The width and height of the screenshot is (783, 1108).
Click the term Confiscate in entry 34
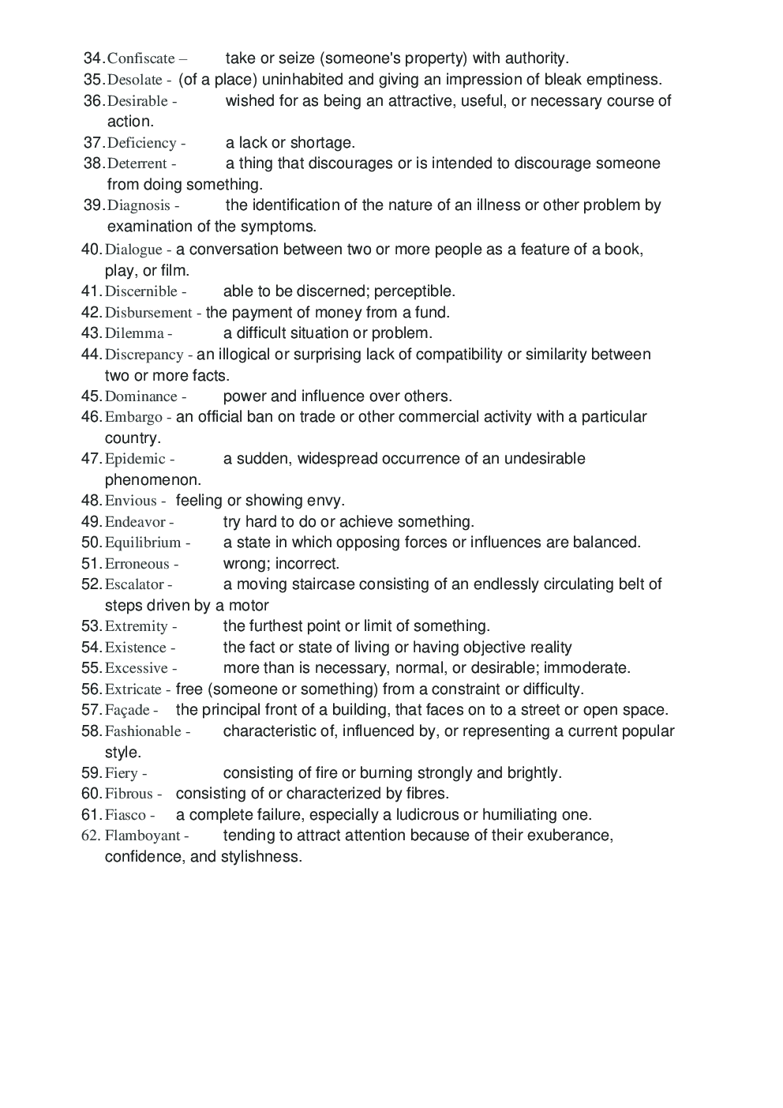[x=140, y=58]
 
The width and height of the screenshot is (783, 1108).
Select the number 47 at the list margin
[x=91, y=458]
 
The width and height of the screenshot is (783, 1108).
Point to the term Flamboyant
[x=142, y=836]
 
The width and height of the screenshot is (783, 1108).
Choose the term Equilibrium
[x=143, y=543]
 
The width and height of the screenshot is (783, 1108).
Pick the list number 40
[x=91, y=249]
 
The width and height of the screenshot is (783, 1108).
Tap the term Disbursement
[x=148, y=312]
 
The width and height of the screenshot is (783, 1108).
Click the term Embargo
[x=133, y=417]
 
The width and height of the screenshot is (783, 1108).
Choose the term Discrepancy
[x=144, y=355]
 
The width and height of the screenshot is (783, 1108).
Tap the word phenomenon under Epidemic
[x=152, y=479]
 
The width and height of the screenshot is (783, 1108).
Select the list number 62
[x=91, y=836]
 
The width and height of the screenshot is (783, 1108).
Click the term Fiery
[x=121, y=773]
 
